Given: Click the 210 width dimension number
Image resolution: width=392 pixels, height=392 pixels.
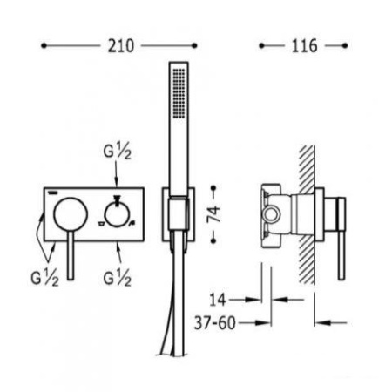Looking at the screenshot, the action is pos(121,46).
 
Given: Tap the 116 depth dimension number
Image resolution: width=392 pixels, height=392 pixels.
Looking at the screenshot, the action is pos(304,46).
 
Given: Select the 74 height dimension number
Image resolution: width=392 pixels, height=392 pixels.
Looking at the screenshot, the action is pos(213,214).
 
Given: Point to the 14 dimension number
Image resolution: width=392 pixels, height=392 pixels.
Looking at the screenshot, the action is pos(218,300).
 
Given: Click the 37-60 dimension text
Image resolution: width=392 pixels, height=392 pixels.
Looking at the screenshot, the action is pos(215,322).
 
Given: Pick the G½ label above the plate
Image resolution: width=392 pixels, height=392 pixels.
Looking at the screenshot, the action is pos(118,152).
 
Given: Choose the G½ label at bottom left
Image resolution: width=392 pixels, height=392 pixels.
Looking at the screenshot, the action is pos(44,279).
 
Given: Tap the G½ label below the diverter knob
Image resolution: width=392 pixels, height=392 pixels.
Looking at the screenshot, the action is pos(118,279).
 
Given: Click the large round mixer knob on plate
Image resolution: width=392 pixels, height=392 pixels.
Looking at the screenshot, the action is pos(71,214).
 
